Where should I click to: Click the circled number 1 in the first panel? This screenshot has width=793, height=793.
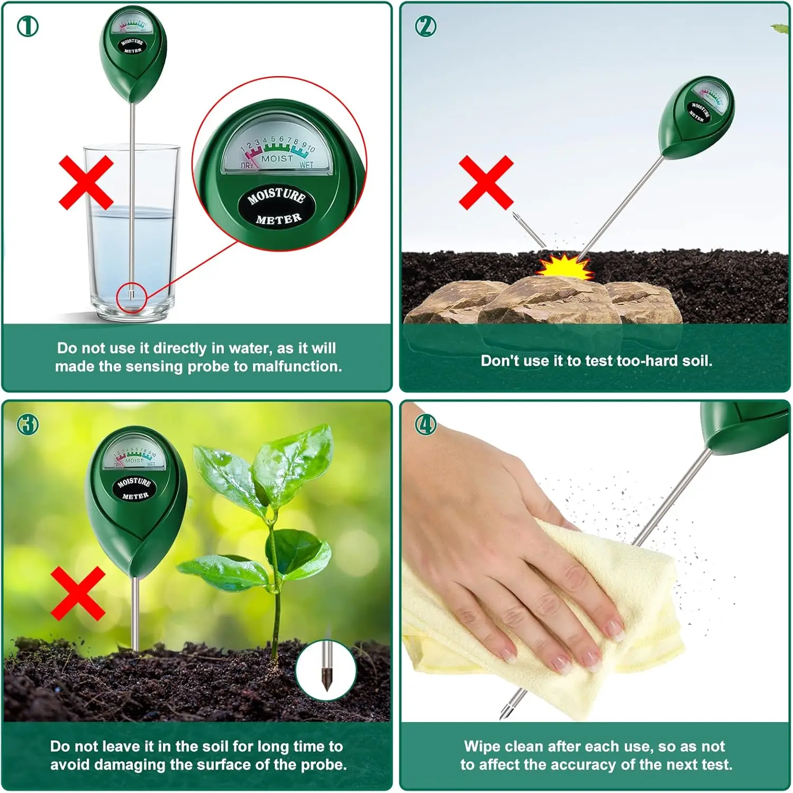tap(28, 26)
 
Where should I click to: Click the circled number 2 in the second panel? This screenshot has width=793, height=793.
tap(426, 26)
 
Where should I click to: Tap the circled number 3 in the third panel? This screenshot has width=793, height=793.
tap(28, 425)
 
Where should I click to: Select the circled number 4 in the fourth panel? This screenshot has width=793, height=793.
tap(426, 425)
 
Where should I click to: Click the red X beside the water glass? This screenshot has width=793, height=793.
tap(86, 182)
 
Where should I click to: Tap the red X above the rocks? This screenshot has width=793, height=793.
tap(486, 182)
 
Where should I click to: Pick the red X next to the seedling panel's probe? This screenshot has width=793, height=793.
tap(78, 594)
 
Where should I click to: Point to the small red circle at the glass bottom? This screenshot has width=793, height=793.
tap(131, 297)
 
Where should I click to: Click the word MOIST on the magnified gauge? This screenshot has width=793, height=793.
tap(277, 159)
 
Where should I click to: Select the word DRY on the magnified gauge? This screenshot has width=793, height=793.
tap(247, 165)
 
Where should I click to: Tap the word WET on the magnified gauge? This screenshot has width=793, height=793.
tap(307, 165)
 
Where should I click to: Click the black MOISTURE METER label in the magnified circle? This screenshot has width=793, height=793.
tap(277, 206)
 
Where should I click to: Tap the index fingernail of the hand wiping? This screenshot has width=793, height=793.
tap(614, 629)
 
